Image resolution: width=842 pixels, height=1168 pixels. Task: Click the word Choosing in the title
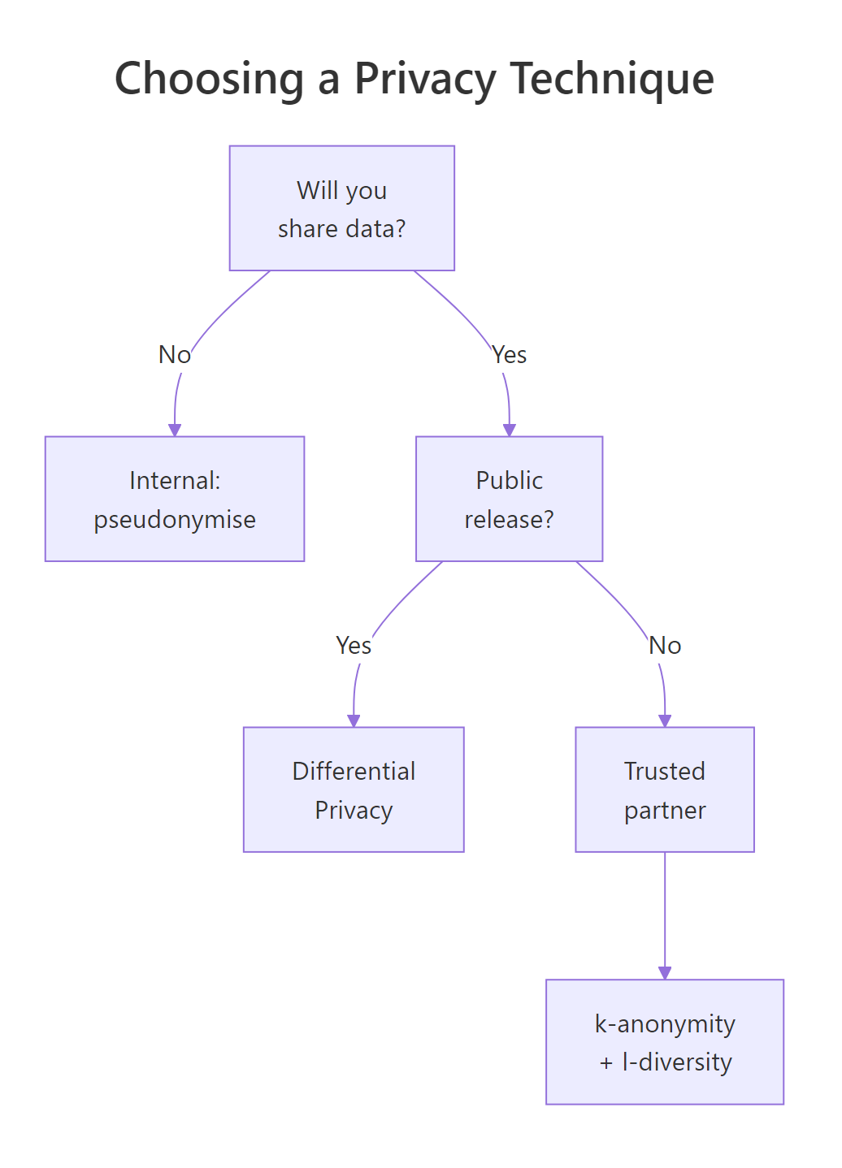[209, 80]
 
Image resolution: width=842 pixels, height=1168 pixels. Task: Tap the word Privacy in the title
[424, 80]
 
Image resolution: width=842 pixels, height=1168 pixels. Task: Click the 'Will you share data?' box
[341, 208]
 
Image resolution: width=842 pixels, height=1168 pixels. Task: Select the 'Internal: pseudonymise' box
[175, 499]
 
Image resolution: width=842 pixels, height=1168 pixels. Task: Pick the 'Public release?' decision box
[509, 499]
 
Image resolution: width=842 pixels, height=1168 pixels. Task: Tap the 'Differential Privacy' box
[354, 789]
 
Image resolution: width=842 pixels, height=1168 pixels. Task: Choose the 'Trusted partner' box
[664, 789]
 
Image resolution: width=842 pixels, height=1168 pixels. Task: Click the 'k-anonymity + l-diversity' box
[664, 1042]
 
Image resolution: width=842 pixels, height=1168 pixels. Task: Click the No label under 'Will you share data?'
[174, 355]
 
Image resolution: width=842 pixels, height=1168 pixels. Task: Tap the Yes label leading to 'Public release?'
[510, 355]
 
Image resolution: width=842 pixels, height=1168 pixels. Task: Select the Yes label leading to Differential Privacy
[354, 646]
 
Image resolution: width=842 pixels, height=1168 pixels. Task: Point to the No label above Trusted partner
[665, 646]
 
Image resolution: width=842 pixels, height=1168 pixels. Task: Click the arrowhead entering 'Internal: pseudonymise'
[175, 430]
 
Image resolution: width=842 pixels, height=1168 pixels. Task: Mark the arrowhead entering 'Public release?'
[510, 430]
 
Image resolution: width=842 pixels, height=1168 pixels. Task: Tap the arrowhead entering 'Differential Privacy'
[354, 720]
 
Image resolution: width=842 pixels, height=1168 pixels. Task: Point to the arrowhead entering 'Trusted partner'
[665, 720]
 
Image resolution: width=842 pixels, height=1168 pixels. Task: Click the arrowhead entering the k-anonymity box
[665, 972]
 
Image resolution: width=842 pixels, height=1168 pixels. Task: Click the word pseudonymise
[175, 520]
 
